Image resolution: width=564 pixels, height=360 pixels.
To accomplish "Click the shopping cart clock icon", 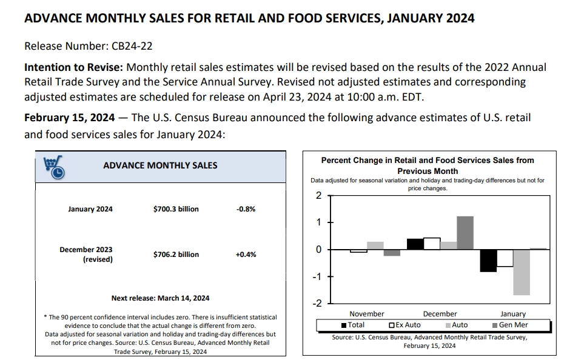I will (54, 167).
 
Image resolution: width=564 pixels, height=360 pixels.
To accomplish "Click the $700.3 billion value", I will (176, 209).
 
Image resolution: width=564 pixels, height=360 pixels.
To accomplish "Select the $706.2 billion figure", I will (176, 255).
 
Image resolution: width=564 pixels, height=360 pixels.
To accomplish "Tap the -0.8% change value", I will (246, 209).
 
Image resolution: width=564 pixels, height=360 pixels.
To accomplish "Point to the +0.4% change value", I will (246, 255).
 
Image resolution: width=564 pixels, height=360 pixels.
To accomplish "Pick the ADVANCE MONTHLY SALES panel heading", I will (160, 165).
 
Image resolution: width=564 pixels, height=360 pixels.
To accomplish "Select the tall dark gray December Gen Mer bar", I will (465, 233).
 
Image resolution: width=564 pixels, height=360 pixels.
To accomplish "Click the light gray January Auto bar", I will (522, 272).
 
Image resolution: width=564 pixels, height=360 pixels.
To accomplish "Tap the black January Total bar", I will (488, 261).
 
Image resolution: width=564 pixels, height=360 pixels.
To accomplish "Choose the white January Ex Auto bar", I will (505, 258).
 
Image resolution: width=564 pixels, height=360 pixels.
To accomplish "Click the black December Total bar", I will (415, 244).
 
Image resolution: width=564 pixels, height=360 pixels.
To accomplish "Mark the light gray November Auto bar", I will (375, 245).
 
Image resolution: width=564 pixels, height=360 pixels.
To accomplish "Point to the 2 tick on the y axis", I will (319, 195).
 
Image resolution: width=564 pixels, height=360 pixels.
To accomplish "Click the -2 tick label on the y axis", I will (317, 304).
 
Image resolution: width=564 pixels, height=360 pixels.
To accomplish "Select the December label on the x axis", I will (440, 314).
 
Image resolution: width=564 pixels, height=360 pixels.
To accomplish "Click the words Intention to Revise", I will (72, 67).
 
